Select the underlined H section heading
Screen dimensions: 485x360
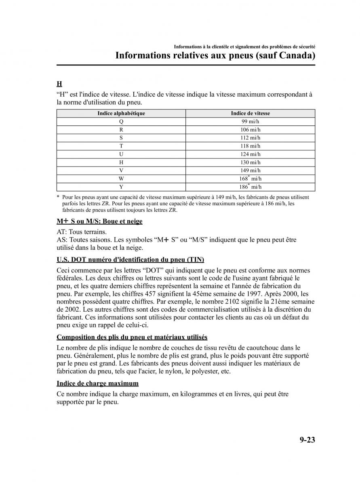pos(59,84)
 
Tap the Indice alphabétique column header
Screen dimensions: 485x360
pos(121,114)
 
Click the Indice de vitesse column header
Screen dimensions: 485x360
pos(251,114)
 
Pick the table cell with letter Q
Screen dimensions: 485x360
pos(121,122)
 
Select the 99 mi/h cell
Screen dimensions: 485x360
pos(251,122)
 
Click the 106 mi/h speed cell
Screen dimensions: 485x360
pos(251,130)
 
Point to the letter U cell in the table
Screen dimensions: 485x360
pos(121,154)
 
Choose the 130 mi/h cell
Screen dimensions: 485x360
pos(251,162)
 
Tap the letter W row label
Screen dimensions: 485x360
pos(121,178)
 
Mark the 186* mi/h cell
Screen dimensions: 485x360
pos(251,186)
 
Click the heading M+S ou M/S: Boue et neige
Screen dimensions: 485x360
pos(99,221)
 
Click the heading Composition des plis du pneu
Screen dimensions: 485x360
pos(132,337)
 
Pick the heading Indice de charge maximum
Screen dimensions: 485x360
pos(97,383)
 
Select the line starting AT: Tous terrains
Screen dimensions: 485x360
pos(82,232)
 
